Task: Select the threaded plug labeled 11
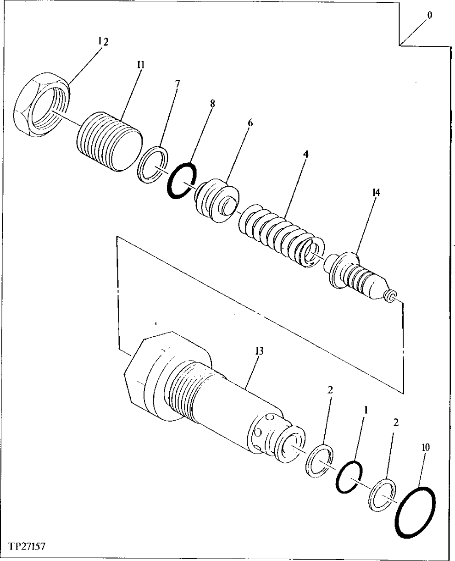tap(108, 143)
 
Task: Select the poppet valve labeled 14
tap(358, 275)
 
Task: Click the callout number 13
tap(259, 351)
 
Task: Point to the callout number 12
tap(103, 41)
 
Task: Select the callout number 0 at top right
tap(429, 15)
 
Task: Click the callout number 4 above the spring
tap(305, 154)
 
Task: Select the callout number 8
tap(212, 103)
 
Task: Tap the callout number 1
tap(366, 408)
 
